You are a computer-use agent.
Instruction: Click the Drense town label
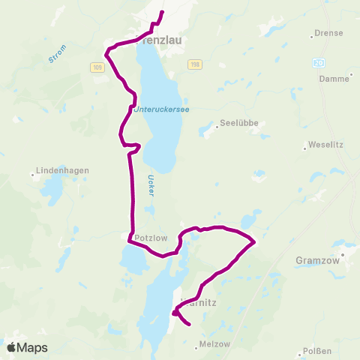331,34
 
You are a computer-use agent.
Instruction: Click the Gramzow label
319,260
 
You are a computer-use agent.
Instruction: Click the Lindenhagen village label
63,170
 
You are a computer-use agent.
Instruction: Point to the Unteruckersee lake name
161,109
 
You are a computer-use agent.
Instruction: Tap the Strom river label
57,54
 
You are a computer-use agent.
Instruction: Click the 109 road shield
98,67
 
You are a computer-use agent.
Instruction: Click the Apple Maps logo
27,347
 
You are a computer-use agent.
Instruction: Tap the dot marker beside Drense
312,34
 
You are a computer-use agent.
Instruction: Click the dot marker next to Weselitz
304,148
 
